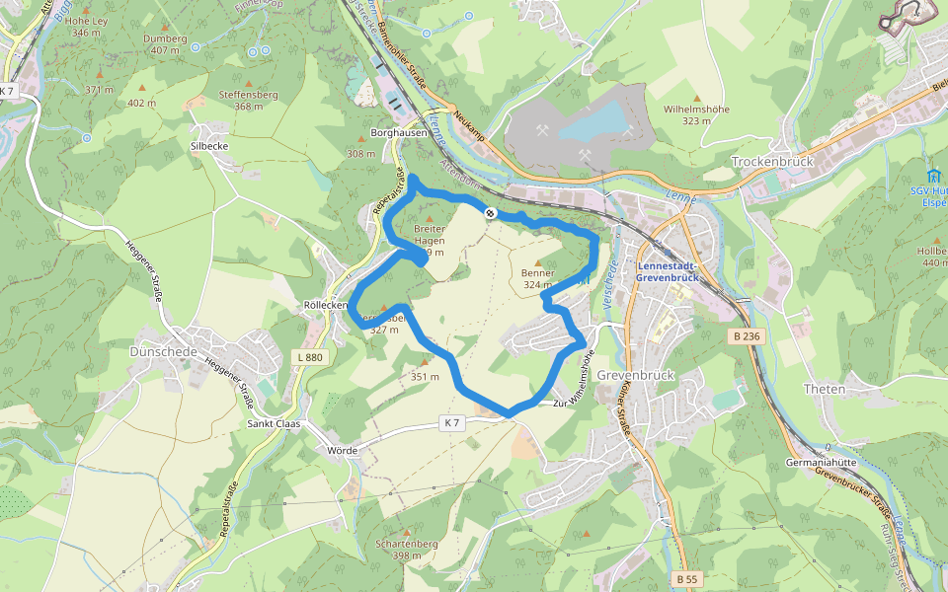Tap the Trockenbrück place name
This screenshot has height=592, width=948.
point(770,161)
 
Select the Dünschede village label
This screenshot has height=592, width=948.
point(164,351)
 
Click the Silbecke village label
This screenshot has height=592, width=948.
point(208,144)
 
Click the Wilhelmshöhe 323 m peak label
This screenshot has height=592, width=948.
point(696,114)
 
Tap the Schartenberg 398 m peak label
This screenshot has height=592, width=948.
point(407,550)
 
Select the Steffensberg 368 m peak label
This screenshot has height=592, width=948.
point(248,101)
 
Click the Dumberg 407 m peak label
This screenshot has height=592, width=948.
point(165,44)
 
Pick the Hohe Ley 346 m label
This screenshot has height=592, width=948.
point(87,27)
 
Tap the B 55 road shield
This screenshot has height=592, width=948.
point(687,577)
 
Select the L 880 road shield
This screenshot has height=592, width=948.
point(310,357)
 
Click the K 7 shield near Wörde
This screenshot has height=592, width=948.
point(452,423)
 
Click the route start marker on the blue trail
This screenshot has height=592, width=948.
point(490,212)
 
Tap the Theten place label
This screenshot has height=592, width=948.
point(825,389)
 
